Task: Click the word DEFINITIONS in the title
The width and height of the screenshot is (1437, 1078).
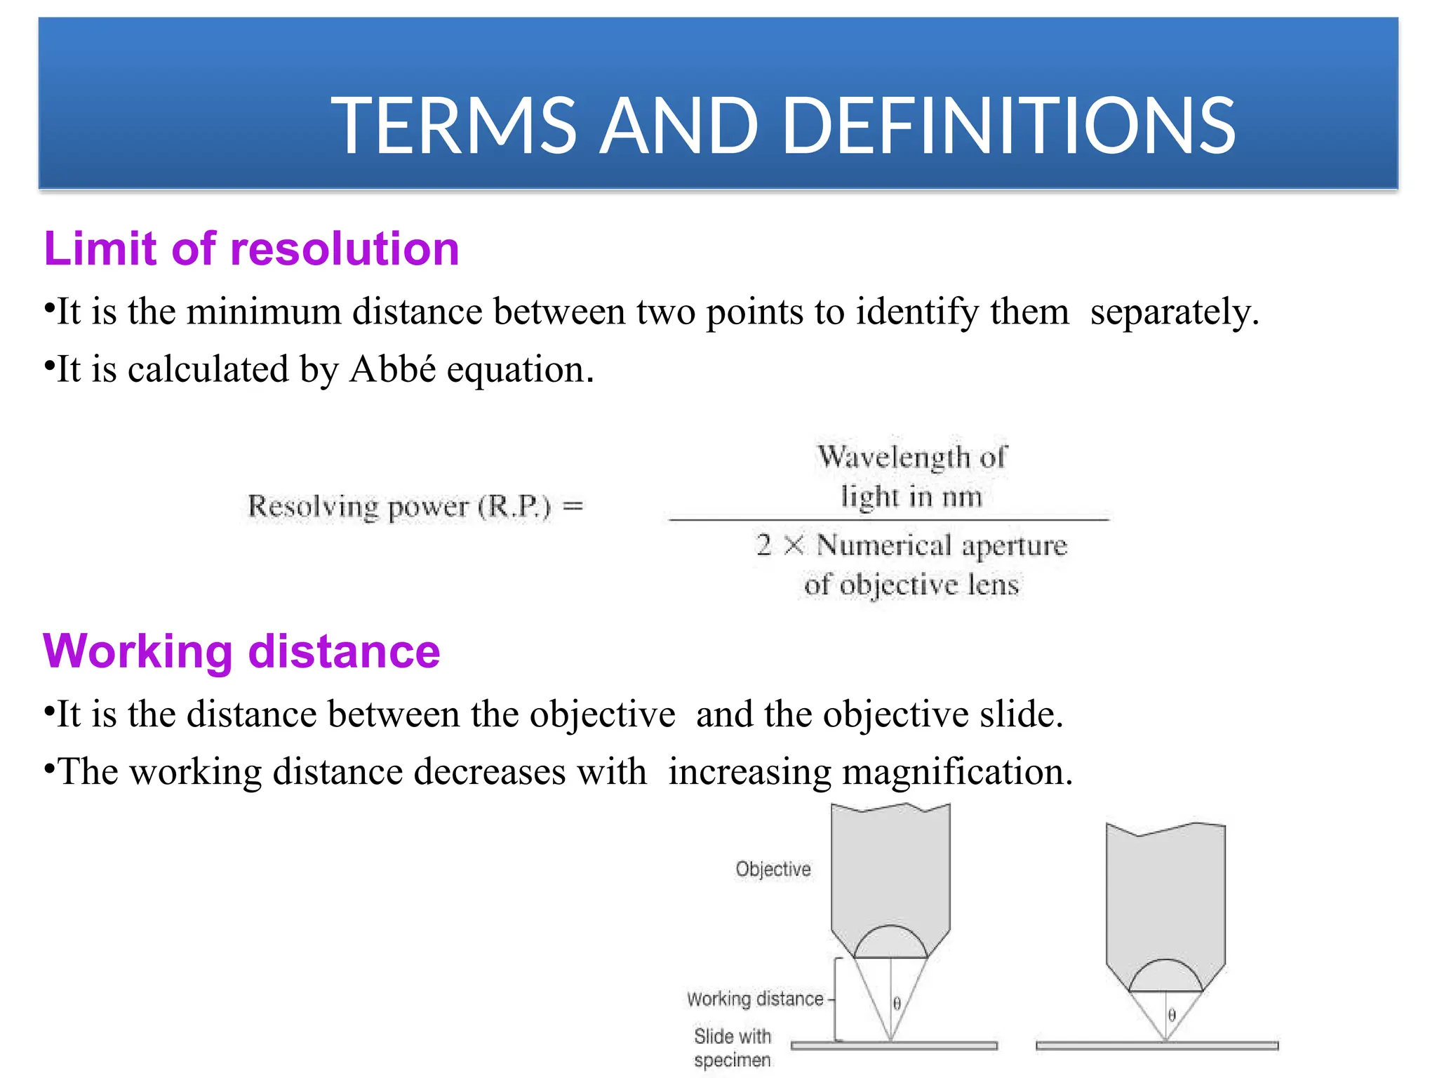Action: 1008,126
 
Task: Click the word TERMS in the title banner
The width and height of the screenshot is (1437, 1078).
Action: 453,126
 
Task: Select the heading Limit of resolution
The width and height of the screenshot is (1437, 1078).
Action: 251,249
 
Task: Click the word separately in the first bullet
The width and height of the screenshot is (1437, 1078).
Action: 1174,312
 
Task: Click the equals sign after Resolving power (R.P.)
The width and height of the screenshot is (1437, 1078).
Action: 573,505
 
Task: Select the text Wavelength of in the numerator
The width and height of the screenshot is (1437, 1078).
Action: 911,457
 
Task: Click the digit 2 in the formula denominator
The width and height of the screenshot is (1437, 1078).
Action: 763,545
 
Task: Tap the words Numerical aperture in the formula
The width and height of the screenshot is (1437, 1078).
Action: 942,545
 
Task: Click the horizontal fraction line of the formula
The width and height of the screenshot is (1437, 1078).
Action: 888,520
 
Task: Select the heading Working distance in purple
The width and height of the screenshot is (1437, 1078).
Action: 241,651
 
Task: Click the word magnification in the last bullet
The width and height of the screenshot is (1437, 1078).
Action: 957,772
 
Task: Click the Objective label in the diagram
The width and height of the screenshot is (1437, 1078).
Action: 773,870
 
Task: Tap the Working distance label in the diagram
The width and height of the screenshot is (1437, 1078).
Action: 755,999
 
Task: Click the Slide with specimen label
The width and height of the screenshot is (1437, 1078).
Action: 733,1048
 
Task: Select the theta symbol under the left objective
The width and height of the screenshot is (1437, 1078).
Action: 897,1004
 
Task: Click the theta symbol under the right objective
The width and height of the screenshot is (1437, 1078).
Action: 1172,1016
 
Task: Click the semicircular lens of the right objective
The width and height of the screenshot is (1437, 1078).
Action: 1165,978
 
